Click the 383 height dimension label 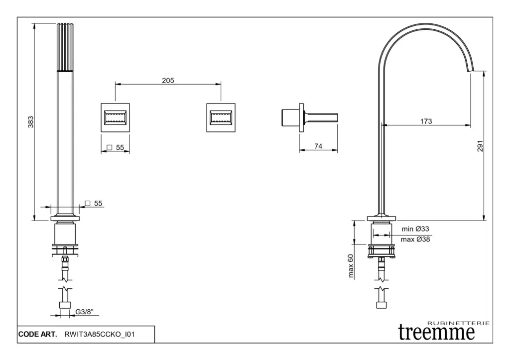30,121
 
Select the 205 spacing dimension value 168,80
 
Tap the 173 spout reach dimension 426,121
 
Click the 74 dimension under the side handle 319,146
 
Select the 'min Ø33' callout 415,229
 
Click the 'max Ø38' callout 415,240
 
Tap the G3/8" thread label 85,313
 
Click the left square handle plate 116,118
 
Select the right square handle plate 221,118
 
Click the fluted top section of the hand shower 66,47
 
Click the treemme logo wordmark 436,332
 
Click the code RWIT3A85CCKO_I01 100,335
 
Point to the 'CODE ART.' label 38,335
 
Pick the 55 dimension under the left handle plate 120,147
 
